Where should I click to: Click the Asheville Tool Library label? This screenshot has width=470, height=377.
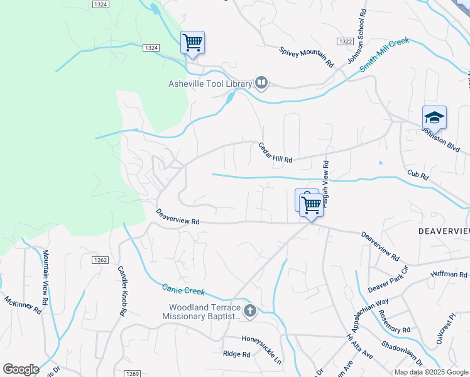tap(209, 84)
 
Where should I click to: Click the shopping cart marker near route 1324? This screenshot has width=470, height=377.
tap(193, 43)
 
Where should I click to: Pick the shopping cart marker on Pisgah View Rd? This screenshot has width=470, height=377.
tap(312, 205)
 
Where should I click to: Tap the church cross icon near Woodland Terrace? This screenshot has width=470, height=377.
tap(250, 310)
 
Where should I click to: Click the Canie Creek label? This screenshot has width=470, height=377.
tap(184, 290)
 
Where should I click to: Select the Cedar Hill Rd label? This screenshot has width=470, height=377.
tap(276, 153)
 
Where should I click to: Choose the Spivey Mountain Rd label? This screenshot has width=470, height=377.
tap(306, 56)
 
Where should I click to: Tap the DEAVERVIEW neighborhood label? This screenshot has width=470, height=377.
tap(444, 232)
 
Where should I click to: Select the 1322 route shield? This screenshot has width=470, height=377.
tap(344, 41)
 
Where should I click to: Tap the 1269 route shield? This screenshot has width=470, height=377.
tap(132, 373)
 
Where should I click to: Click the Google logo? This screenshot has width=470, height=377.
tap(21, 369)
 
